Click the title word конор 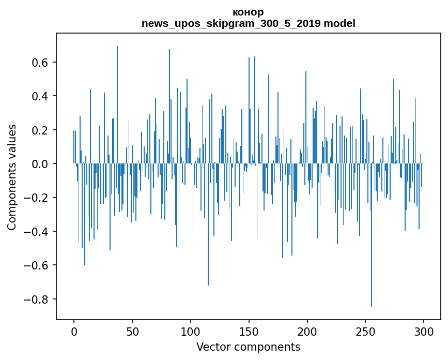click(x=248, y=12)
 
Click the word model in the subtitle click(x=339, y=23)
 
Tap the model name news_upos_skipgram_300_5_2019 click(x=231, y=23)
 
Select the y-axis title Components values click(x=12, y=177)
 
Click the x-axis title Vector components click(x=248, y=347)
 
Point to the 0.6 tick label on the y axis click(x=40, y=63)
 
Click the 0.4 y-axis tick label click(x=40, y=96)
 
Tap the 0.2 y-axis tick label click(x=40, y=130)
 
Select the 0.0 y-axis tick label click(x=40, y=164)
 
